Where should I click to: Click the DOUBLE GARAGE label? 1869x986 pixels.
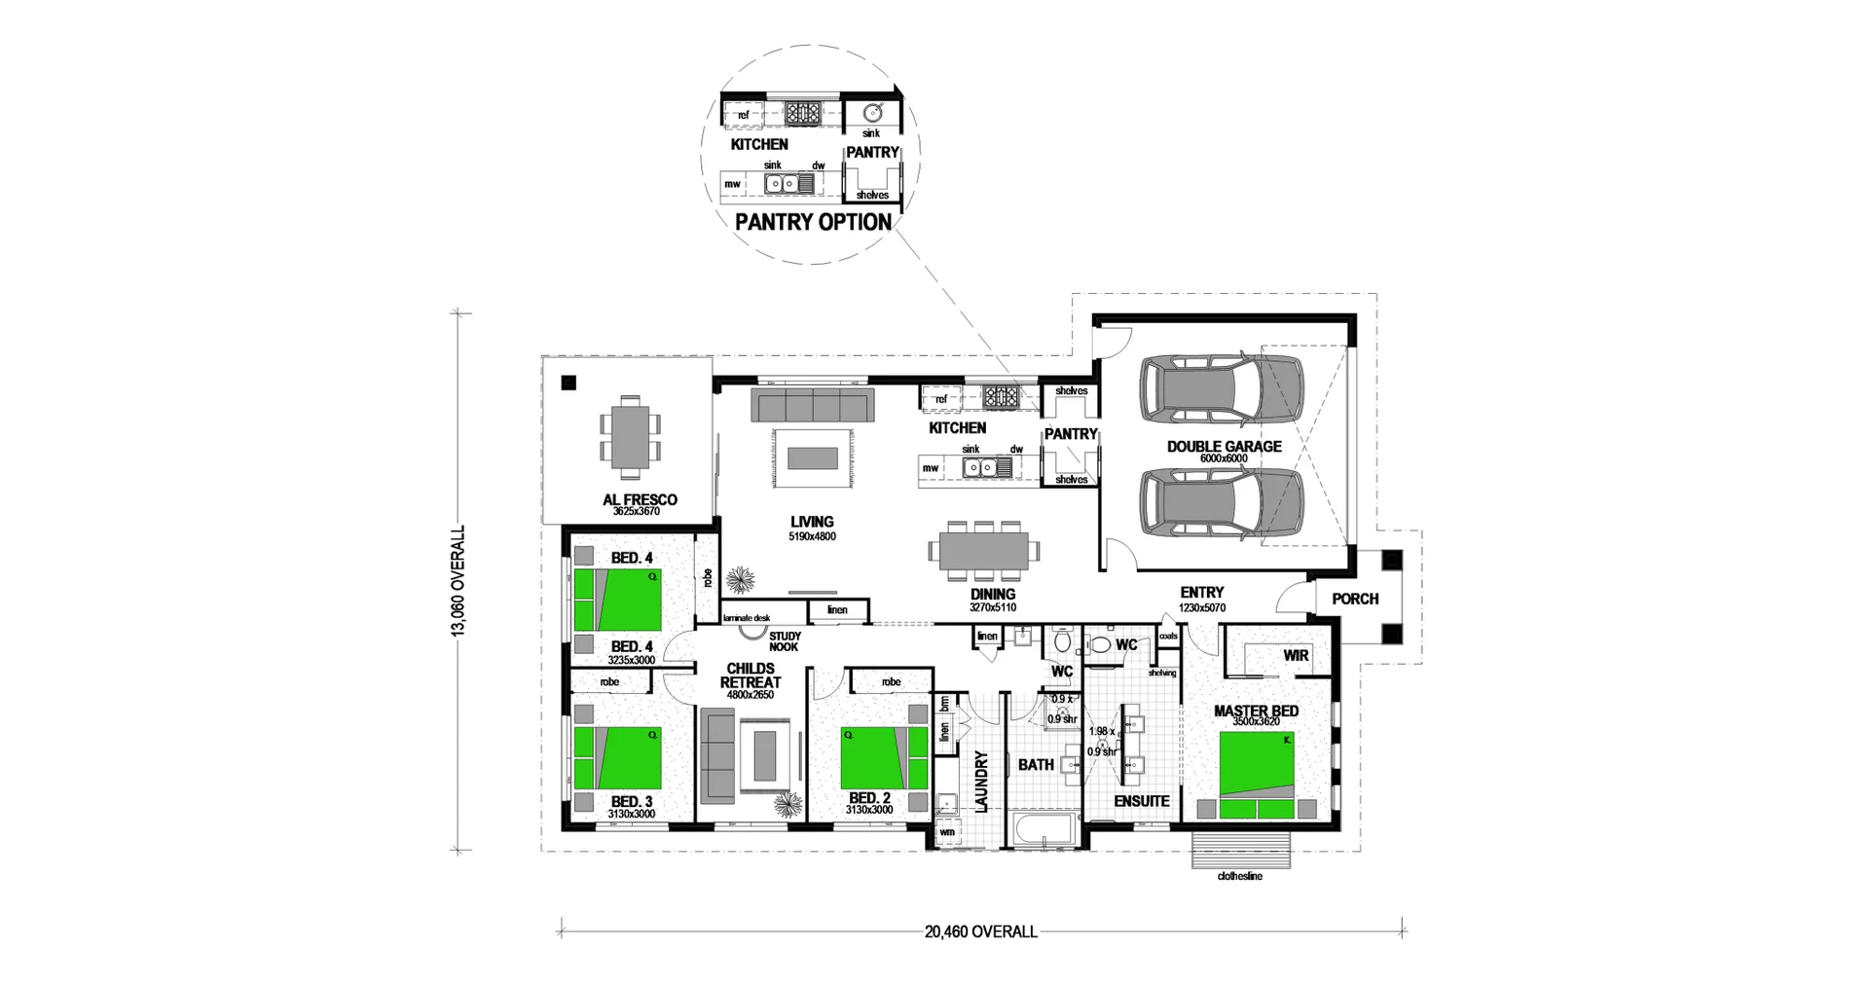pyautogui.click(x=1224, y=447)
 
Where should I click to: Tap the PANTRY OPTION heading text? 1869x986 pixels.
pyautogui.click(x=813, y=222)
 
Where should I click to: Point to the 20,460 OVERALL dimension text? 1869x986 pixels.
pyautogui.click(x=980, y=931)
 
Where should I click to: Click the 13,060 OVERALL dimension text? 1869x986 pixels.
pyautogui.click(x=458, y=581)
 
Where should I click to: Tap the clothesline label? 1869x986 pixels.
pyautogui.click(x=1239, y=876)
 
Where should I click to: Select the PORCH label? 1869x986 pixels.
pyautogui.click(x=1355, y=599)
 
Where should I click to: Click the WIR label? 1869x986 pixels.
pyautogui.click(x=1295, y=655)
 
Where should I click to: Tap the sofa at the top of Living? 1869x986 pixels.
pyautogui.click(x=813, y=405)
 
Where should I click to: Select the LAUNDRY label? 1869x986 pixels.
pyautogui.click(x=981, y=781)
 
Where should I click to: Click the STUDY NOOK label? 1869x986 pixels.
pyautogui.click(x=784, y=641)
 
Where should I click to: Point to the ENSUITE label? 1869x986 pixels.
pyautogui.click(x=1141, y=801)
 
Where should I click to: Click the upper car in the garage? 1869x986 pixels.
pyautogui.click(x=1222, y=389)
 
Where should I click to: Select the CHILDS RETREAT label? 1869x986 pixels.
pyautogui.click(x=751, y=676)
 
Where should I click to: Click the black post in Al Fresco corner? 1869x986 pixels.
pyautogui.click(x=568, y=383)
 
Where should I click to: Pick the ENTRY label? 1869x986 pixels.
pyautogui.click(x=1201, y=592)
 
